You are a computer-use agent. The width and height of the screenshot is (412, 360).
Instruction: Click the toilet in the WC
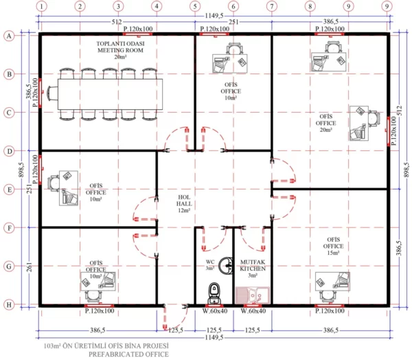[x=215, y=292]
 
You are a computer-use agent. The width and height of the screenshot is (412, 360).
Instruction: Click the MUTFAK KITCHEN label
[x=253, y=267]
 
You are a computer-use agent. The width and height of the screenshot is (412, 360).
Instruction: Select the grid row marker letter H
[x=10, y=304]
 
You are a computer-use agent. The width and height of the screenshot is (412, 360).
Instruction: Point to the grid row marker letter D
[x=10, y=150]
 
